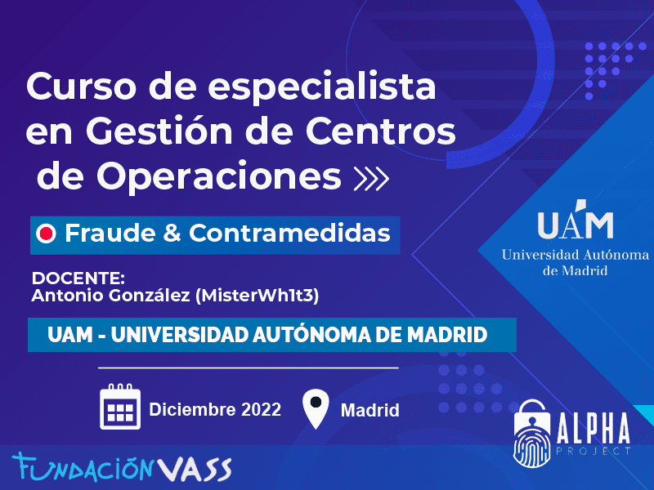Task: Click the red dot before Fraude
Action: (46, 234)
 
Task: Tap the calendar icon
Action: (120, 407)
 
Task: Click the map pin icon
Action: (316, 409)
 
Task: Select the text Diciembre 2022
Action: (215, 410)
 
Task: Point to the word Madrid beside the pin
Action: (370, 411)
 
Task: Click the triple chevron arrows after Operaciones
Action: (371, 179)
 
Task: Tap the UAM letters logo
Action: (576, 220)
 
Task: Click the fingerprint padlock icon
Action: (532, 434)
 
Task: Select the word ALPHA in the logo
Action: (594, 429)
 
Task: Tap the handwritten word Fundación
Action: (83, 467)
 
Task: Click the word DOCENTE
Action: (78, 278)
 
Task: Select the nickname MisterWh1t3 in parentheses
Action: (257, 296)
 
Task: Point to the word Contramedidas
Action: (290, 233)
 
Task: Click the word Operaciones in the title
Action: (219, 176)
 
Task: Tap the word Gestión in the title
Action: (159, 131)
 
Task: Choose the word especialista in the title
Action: (322, 87)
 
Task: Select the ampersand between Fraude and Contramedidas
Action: (172, 233)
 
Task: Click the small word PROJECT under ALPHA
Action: (594, 451)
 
